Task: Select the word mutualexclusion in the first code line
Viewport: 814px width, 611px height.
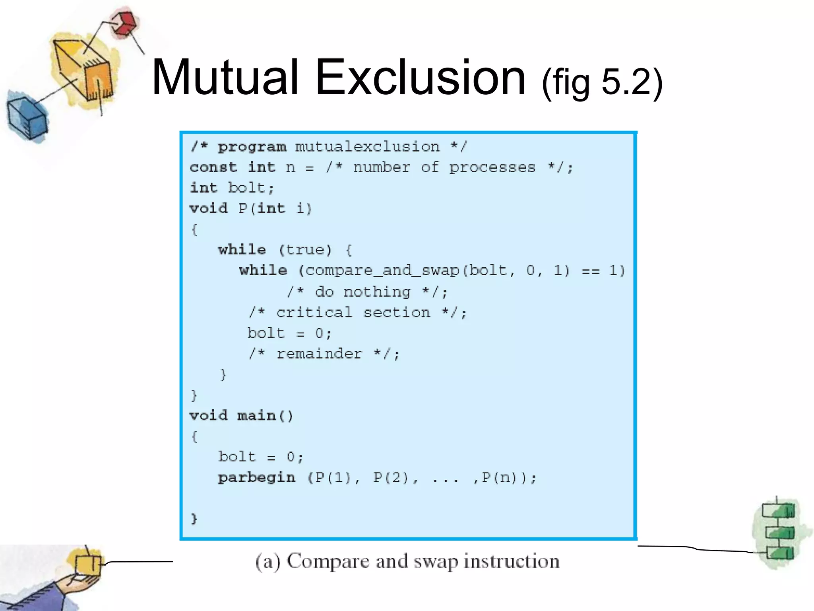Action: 367,147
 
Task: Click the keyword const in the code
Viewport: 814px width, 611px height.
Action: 213,167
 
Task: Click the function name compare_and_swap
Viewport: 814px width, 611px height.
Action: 382,271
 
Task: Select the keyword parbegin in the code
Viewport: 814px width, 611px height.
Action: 257,477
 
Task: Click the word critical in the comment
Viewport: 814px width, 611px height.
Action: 314,313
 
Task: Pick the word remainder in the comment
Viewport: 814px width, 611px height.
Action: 319,354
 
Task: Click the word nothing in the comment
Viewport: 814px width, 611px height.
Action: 377,292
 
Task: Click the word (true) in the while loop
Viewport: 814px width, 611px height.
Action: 305,250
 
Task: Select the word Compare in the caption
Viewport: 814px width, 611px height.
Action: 328,561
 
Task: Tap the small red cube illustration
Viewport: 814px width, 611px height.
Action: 124,23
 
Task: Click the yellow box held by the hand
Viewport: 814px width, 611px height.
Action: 88,564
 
